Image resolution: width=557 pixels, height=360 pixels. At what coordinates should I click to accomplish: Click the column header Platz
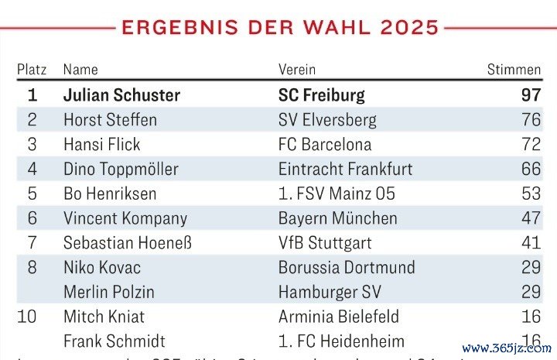tap(32, 70)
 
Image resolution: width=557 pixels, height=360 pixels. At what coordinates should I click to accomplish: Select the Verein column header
tap(297, 70)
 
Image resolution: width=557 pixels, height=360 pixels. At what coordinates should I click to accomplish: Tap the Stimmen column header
tap(514, 70)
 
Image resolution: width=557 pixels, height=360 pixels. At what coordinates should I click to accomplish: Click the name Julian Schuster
tap(121, 95)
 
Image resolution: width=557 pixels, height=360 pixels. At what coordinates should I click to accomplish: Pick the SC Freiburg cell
tap(321, 95)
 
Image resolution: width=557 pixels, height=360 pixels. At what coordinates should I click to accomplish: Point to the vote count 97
tap(530, 95)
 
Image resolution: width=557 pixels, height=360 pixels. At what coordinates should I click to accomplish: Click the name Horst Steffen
tap(110, 120)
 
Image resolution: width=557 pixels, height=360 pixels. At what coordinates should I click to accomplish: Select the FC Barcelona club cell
tap(325, 144)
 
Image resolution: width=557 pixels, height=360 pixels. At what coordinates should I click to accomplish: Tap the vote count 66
tap(531, 169)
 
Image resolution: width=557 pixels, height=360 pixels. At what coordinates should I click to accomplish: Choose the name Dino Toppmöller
tap(121, 169)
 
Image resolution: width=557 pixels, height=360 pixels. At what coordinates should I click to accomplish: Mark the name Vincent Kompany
tap(125, 218)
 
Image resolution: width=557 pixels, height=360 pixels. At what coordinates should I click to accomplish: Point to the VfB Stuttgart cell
tap(325, 243)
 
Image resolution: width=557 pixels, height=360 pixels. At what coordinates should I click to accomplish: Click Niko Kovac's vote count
tap(531, 268)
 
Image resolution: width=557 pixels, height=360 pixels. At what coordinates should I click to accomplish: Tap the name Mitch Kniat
tap(104, 317)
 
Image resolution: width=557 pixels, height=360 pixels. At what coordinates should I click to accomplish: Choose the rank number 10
tap(32, 317)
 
